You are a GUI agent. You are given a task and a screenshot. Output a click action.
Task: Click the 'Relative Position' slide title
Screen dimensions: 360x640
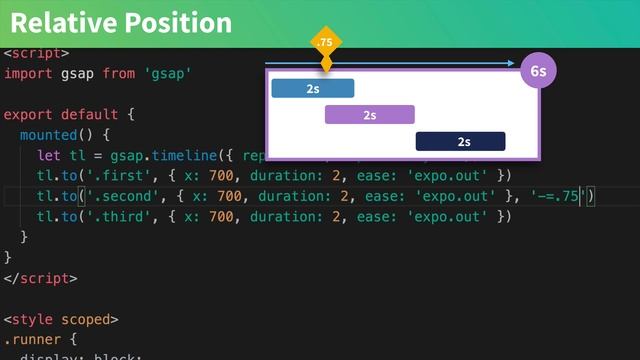[121, 23]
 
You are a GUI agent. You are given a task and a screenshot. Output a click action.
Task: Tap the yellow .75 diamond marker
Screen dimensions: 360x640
[325, 43]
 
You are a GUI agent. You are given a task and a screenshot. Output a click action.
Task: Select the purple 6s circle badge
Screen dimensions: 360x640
[538, 72]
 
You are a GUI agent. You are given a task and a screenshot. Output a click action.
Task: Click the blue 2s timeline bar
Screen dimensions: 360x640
[313, 88]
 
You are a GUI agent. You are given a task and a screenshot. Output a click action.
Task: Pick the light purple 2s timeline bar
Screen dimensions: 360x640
[369, 115]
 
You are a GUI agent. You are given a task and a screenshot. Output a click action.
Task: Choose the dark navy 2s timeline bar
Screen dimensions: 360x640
[461, 141]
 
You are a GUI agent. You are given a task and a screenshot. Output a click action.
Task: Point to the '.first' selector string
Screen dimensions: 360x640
[109, 175]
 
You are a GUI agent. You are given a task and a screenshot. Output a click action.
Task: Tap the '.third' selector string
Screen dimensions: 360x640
[109, 216]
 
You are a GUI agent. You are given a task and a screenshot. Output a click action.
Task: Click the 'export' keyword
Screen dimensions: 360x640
[28, 113]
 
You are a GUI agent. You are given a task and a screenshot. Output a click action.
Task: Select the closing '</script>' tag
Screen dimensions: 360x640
[41, 278]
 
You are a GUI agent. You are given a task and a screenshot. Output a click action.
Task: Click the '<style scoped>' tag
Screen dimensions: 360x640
[61, 320]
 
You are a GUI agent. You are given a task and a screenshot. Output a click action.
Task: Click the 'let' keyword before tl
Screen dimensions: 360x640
[48, 155]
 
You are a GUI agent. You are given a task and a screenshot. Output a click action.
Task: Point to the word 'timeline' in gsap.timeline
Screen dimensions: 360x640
[174, 155]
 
